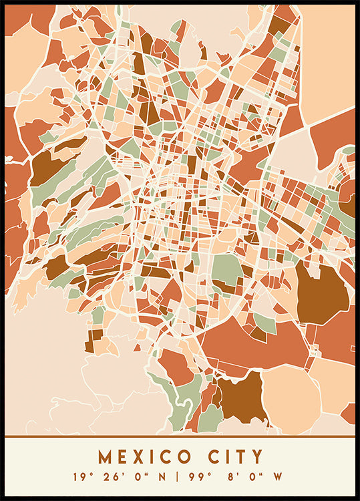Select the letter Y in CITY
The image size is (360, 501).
256,458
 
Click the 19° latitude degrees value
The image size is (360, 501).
81,477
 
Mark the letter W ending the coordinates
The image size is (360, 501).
278,477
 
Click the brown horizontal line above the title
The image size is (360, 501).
180,437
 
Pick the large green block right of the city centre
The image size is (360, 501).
227,268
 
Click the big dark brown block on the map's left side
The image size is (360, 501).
47,168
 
